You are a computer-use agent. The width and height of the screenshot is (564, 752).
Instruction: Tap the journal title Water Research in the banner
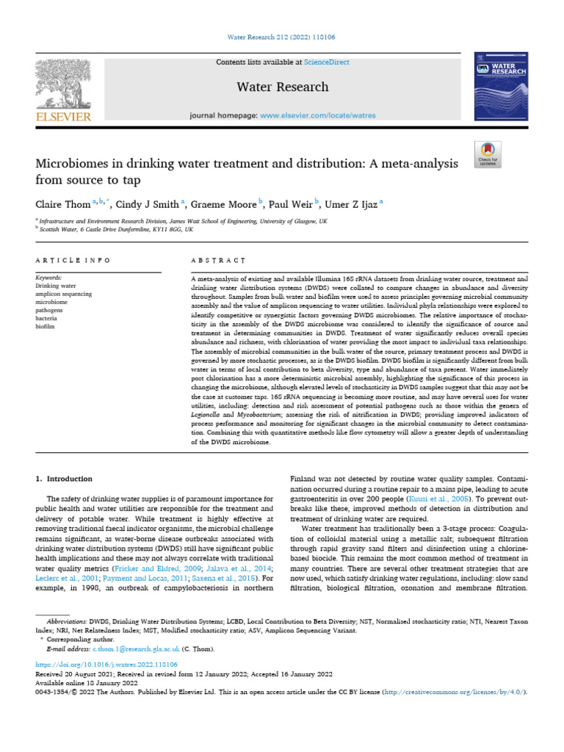pyautogui.click(x=282, y=87)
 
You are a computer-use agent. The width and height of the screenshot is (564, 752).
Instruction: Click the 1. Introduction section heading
pyautogui.click(x=65, y=478)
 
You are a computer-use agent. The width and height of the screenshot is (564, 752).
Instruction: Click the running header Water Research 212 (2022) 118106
pyautogui.click(x=282, y=37)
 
